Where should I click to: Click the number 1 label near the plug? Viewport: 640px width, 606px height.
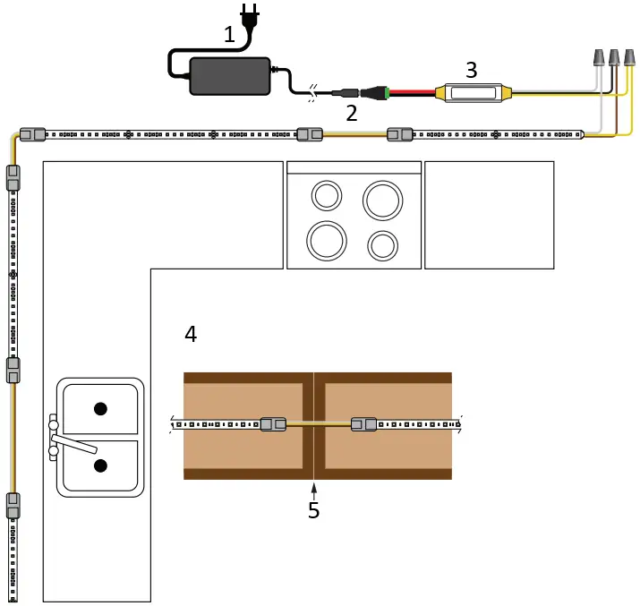[x=230, y=35]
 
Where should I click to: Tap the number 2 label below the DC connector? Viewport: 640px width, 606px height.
[x=352, y=113]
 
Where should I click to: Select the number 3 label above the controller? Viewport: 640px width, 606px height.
[x=472, y=69]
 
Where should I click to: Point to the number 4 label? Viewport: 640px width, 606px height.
[x=191, y=334]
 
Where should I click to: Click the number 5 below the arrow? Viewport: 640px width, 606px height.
[x=314, y=510]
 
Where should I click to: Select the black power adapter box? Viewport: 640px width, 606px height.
[x=230, y=76]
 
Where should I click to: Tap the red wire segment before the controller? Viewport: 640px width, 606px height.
[x=414, y=91]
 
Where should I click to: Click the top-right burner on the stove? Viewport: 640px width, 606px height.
[x=382, y=201]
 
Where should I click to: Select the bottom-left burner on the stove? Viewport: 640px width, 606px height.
[x=326, y=240]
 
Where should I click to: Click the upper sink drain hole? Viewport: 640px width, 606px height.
[x=100, y=409]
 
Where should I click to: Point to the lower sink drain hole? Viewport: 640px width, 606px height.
[x=100, y=465]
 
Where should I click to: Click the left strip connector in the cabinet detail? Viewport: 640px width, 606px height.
[x=273, y=424]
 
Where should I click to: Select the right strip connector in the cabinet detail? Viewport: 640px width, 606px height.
[x=363, y=424]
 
